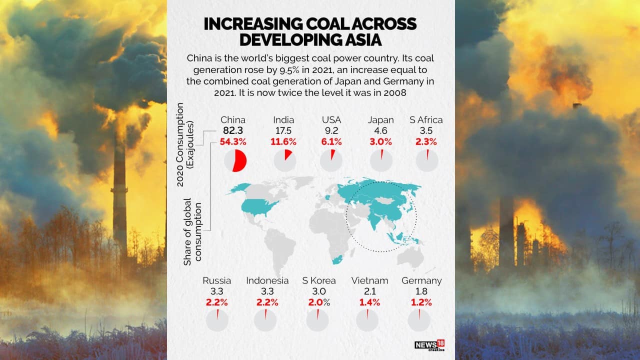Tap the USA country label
pos(331,120)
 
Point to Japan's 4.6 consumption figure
pos(380,130)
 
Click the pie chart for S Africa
pos(427,161)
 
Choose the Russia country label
pos(216,280)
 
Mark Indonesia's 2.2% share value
pos(267,302)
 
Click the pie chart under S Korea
pos(317,320)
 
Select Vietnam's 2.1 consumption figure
pos(369,291)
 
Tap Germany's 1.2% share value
pos(421,302)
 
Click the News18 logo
pos(429,345)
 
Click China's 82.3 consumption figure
pos(233,130)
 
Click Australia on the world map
pos(410,257)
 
